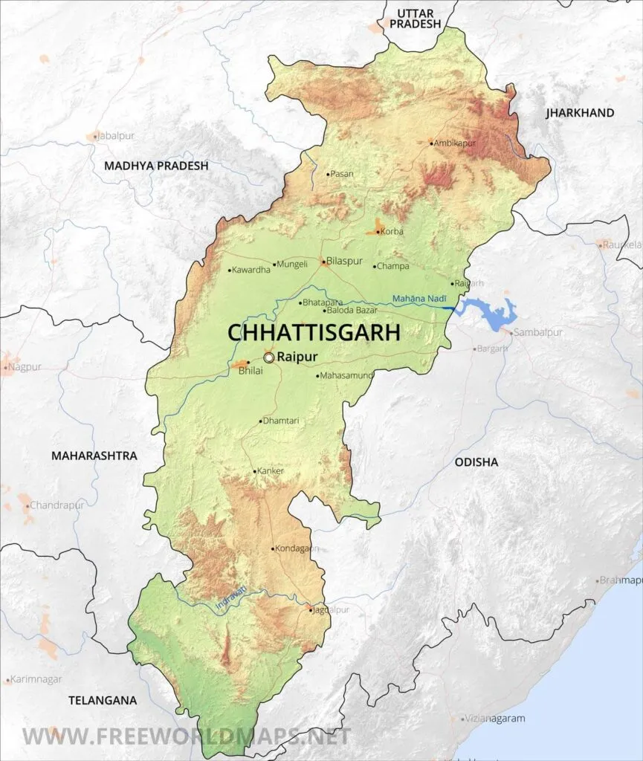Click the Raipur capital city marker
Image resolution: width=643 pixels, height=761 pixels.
pyautogui.click(x=268, y=357)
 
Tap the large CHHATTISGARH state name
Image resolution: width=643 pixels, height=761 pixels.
pyautogui.click(x=314, y=332)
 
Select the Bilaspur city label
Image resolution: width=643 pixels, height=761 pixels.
pyautogui.click(x=345, y=262)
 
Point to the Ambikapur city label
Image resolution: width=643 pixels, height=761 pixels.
pyautogui.click(x=456, y=143)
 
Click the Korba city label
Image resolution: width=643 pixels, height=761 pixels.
pyautogui.click(x=392, y=232)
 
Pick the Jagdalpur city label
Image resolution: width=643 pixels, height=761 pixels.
pyautogui.click(x=332, y=610)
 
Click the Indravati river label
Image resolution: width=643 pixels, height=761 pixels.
pyautogui.click(x=230, y=600)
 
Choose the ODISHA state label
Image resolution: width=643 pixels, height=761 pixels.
pyautogui.click(x=476, y=462)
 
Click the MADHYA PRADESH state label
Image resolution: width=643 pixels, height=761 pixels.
pyautogui.click(x=156, y=166)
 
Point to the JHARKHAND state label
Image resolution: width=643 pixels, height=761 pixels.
pyautogui.click(x=580, y=113)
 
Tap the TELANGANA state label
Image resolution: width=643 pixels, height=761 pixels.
pyautogui.click(x=103, y=700)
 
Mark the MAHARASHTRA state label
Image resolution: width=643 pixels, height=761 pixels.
pyautogui.click(x=94, y=456)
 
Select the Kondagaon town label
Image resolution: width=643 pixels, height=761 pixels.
pyautogui.click(x=297, y=549)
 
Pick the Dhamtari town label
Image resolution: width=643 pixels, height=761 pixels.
pyautogui.click(x=282, y=421)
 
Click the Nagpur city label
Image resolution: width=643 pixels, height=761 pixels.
pyautogui.click(x=27, y=366)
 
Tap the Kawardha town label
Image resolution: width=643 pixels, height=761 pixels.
pyautogui.click(x=251, y=270)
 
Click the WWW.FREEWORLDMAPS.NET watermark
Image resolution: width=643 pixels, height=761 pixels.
pyautogui.click(x=186, y=736)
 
